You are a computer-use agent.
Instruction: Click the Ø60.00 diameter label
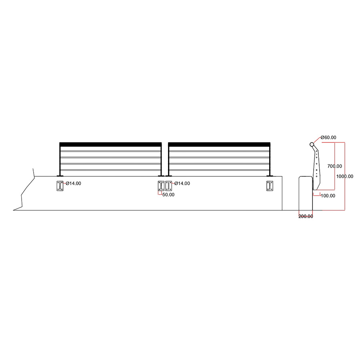[328, 138]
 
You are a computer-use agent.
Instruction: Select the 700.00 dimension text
[334, 166]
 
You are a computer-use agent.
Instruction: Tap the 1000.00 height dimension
[345, 176]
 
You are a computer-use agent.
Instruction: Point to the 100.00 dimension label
[328, 196]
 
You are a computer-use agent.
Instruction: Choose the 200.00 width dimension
[306, 216]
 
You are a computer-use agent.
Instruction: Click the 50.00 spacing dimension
[168, 195]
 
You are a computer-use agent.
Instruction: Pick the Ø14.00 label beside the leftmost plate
[74, 184]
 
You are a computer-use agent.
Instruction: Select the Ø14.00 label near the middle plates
[182, 184]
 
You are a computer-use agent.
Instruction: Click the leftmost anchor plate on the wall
[60, 186]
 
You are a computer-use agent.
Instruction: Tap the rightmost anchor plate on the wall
[270, 186]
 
